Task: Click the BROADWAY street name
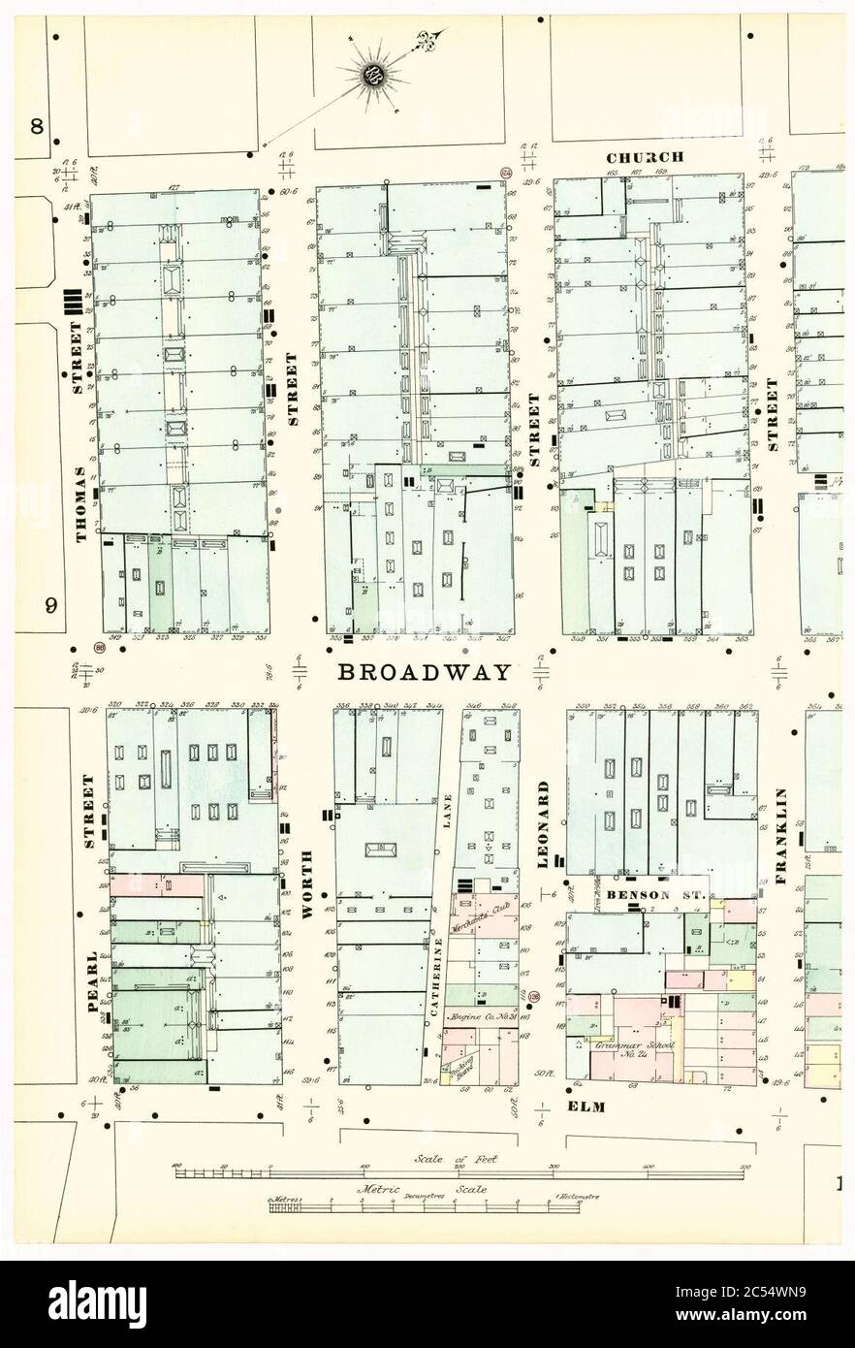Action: [x=424, y=672]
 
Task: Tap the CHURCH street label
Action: [x=645, y=157]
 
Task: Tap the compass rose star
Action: [x=373, y=75]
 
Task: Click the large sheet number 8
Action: [x=37, y=127]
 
